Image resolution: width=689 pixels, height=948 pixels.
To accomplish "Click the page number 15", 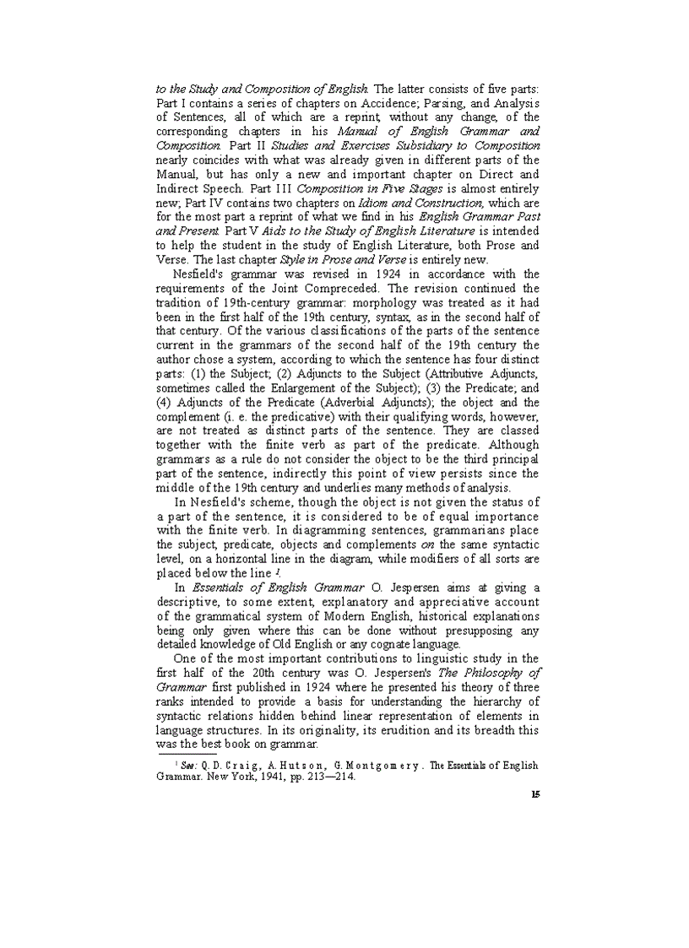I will pyautogui.click(x=535, y=794).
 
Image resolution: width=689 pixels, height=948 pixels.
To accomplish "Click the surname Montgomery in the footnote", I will pyautogui.click(x=381, y=765).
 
